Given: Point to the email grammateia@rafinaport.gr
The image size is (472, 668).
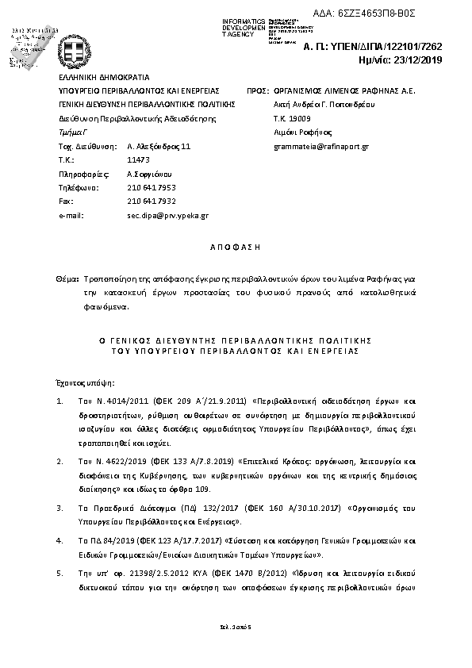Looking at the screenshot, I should (320, 147).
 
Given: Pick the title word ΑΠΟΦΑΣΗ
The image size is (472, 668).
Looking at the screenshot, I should (235, 248).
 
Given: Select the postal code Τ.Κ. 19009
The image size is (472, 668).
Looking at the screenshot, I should (293, 118).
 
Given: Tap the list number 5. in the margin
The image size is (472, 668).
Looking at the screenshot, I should (60, 570).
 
